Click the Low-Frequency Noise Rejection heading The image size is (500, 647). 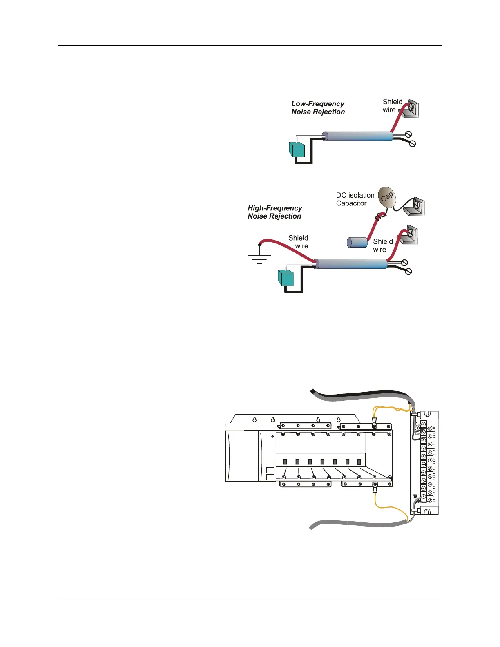pos(318,108)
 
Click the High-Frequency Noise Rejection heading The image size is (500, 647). pos(275,212)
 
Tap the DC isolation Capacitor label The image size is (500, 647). pos(355,199)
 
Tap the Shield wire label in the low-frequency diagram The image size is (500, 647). pos(392,105)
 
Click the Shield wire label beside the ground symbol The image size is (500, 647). pos(299,242)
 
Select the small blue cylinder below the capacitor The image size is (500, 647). pos(357,242)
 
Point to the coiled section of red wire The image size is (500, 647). pos(380,216)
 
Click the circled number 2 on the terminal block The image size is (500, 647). pos(417,428)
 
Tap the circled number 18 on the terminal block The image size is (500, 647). pos(415,496)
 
